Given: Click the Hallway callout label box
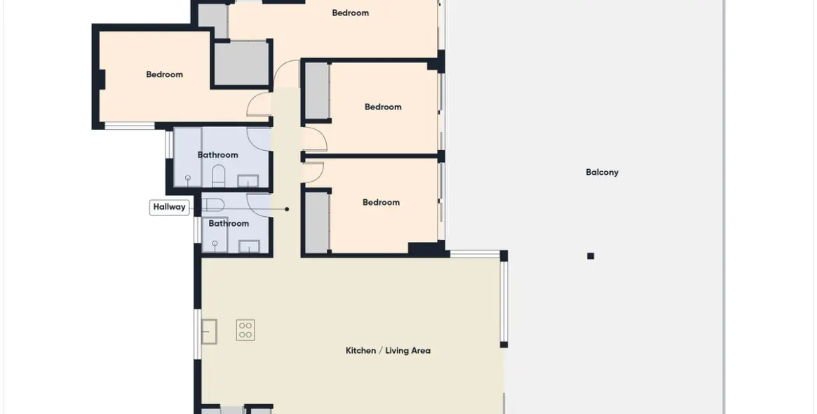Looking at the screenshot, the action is [x=169, y=207].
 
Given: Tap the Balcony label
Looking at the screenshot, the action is [x=602, y=172].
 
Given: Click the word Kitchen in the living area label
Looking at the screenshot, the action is [x=360, y=350].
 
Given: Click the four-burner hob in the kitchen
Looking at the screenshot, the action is [x=245, y=330].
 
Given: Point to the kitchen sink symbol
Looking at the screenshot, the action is [x=210, y=332].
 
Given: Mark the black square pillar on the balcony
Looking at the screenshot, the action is [x=590, y=256].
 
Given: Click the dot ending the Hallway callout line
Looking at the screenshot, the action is [x=287, y=209].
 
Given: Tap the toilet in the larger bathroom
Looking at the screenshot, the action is [x=219, y=176].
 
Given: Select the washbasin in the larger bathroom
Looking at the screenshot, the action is [x=248, y=181].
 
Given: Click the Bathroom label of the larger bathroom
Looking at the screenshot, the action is [x=218, y=155].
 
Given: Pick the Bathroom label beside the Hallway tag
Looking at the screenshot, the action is [x=229, y=223].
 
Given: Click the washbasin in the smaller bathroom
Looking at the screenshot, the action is [x=249, y=246].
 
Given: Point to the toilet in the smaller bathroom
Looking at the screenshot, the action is [x=212, y=204].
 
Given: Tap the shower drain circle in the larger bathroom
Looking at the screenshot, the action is [x=187, y=178].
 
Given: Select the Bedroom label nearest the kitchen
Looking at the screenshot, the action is [x=381, y=202].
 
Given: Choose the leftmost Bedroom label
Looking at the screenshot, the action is [x=164, y=74].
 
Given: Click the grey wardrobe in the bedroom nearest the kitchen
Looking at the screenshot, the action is [x=316, y=222].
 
